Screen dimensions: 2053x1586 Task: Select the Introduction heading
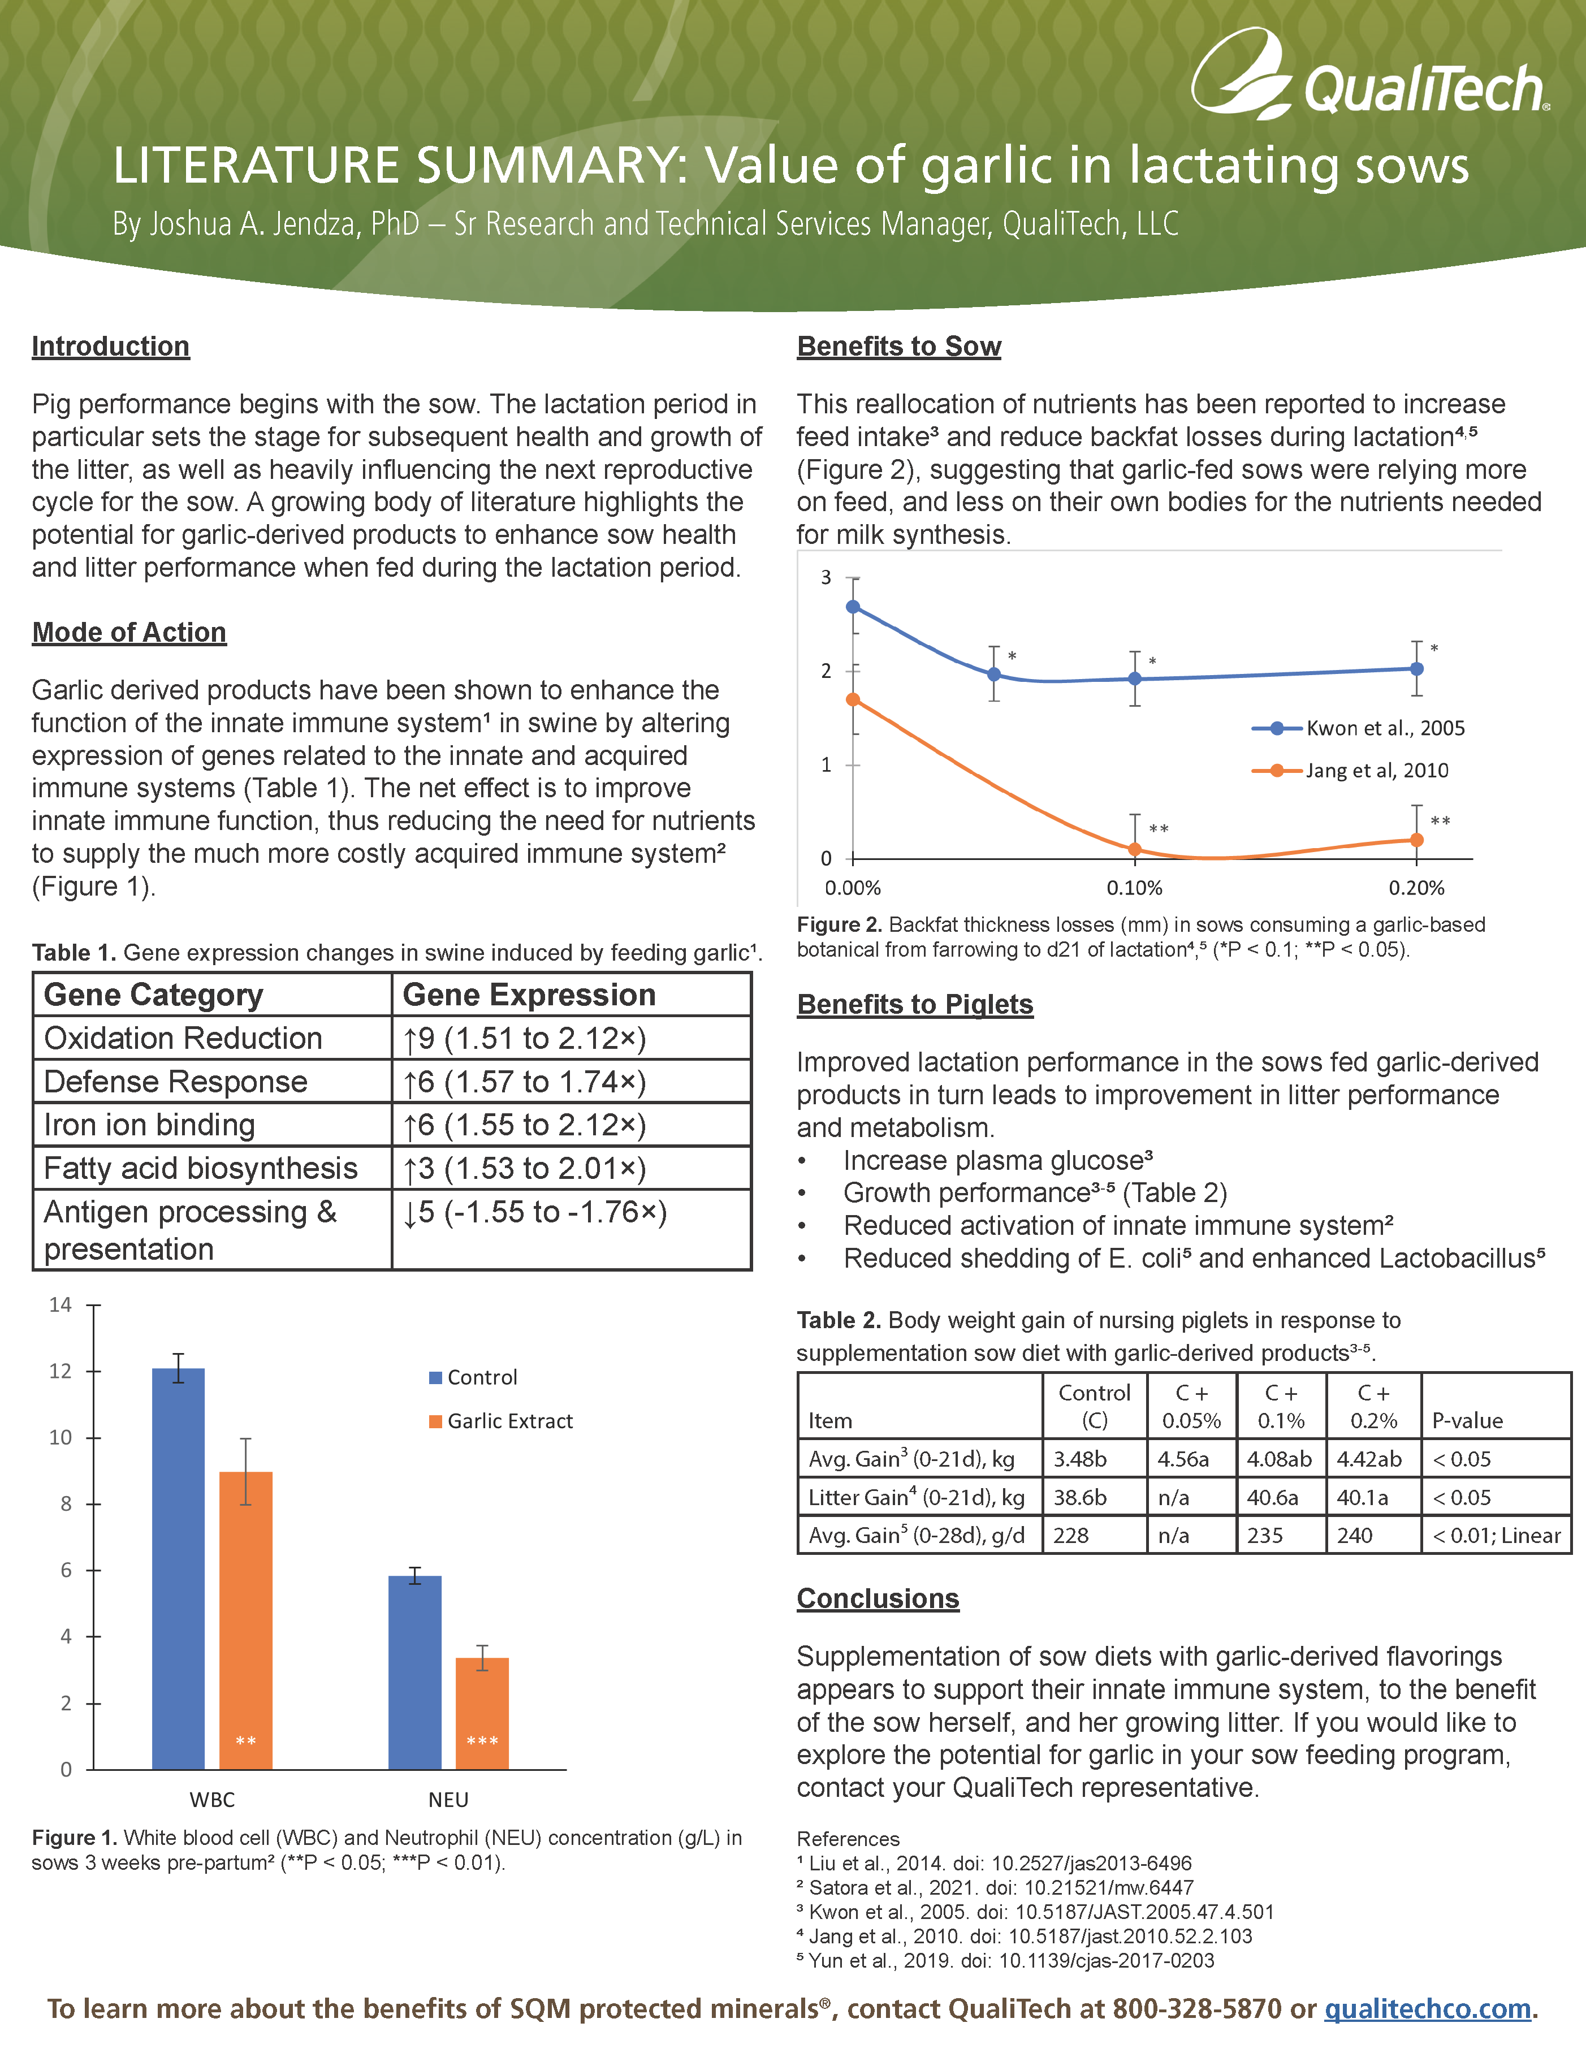tap(110, 346)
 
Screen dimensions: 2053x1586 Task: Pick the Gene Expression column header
tap(529, 995)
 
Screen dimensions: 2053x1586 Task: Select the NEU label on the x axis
tap(448, 1799)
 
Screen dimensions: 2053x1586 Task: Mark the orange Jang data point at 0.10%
tap(1135, 850)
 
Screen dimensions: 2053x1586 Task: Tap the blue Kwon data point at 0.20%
tap(1417, 668)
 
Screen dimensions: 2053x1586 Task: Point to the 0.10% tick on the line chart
tap(1135, 887)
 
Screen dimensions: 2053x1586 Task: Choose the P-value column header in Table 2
tap(1467, 1420)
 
